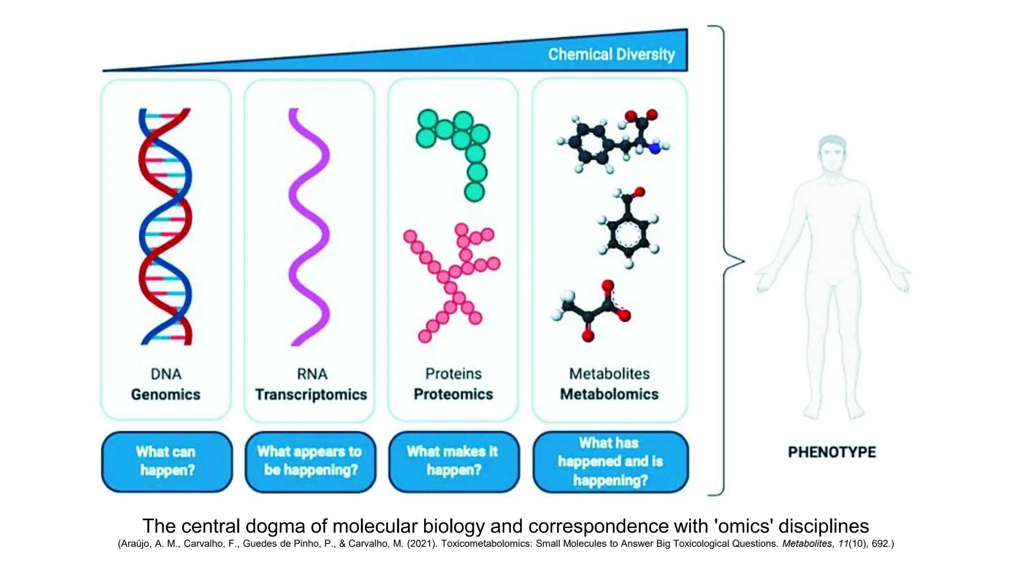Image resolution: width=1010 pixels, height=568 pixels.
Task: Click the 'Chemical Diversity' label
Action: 611,54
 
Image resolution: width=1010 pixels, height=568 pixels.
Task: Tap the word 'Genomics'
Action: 166,394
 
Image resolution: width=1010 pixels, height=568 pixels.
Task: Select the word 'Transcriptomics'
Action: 311,394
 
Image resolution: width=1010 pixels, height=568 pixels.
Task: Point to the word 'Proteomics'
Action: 453,394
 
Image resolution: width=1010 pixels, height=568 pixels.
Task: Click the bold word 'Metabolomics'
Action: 609,394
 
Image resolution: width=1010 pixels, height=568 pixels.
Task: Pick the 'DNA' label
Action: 166,374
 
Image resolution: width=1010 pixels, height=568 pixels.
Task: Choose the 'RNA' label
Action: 312,374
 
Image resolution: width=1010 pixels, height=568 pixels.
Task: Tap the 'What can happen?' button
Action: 167,461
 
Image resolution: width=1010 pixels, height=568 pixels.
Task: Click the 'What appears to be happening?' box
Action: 310,461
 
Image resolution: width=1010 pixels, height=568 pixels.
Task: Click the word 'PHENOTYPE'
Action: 831,452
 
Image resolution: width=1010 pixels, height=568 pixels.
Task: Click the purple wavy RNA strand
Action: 309,227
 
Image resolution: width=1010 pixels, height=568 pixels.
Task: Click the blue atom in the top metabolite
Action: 654,148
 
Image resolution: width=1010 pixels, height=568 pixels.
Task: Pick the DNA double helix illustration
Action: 165,227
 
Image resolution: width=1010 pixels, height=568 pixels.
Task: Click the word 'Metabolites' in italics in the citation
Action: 806,543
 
